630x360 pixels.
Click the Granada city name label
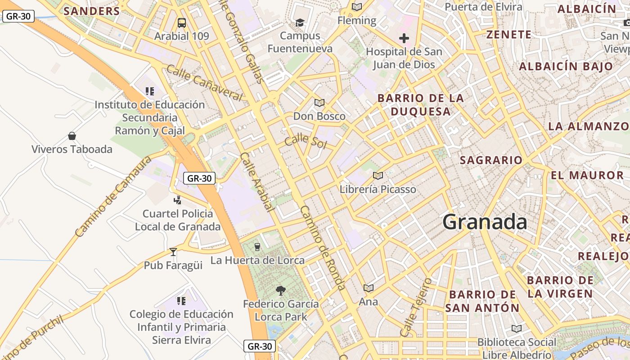point(485,222)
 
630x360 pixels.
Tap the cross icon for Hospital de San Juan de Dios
point(404,38)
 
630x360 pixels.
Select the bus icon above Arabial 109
point(182,22)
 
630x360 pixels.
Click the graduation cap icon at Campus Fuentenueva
point(300,22)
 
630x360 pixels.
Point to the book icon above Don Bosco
point(319,103)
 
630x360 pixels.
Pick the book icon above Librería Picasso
point(378,175)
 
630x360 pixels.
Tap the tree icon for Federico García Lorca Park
point(281,291)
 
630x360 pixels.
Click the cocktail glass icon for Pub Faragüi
point(173,252)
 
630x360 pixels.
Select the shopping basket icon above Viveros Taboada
point(72,135)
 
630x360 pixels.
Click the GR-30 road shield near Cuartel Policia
point(199,178)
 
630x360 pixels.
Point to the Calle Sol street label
point(306,140)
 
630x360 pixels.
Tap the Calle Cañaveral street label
point(204,83)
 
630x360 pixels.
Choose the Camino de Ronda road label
point(323,248)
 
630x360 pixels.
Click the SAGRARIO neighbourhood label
point(491,160)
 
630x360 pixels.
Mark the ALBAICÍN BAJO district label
point(566,67)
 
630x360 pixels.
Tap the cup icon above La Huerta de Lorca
point(257,247)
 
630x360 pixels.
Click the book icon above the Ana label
point(369,288)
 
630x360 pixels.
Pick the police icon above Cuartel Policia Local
point(178,200)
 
